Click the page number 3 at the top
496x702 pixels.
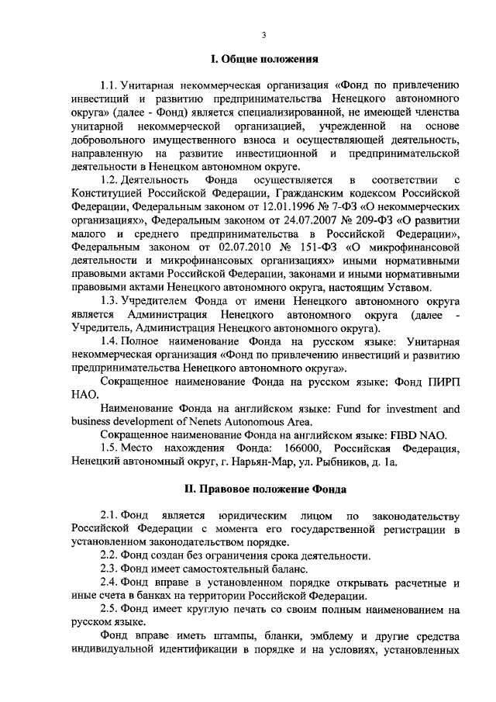point(263,35)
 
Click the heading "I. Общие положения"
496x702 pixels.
point(263,59)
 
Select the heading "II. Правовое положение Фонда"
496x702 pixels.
point(263,489)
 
